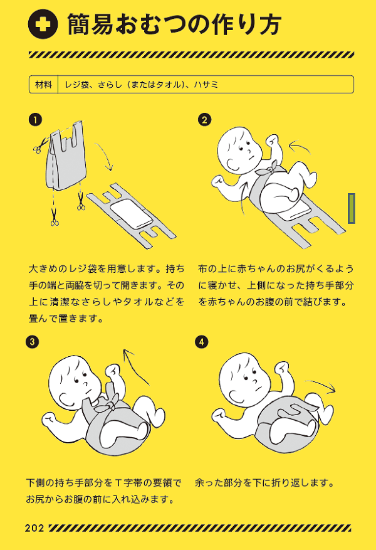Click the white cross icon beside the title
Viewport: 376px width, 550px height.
tap(43, 24)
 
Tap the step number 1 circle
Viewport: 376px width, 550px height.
tap(35, 120)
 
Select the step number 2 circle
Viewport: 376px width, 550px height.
tap(205, 120)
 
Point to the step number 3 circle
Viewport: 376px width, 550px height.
tap(32, 342)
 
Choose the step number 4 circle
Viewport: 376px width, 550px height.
tap(202, 342)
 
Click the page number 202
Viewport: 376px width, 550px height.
tap(34, 528)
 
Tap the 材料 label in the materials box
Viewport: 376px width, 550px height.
tap(43, 85)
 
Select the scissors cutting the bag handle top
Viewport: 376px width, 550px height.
tap(41, 145)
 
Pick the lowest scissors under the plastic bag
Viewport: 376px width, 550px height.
tap(55, 217)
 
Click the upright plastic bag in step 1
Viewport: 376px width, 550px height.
tap(66, 156)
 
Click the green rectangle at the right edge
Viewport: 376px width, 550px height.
tap(352, 208)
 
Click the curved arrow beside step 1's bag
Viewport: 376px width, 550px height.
tap(105, 155)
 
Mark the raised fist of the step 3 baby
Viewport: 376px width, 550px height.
tap(113, 371)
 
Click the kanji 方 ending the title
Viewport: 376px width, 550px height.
tap(268, 24)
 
